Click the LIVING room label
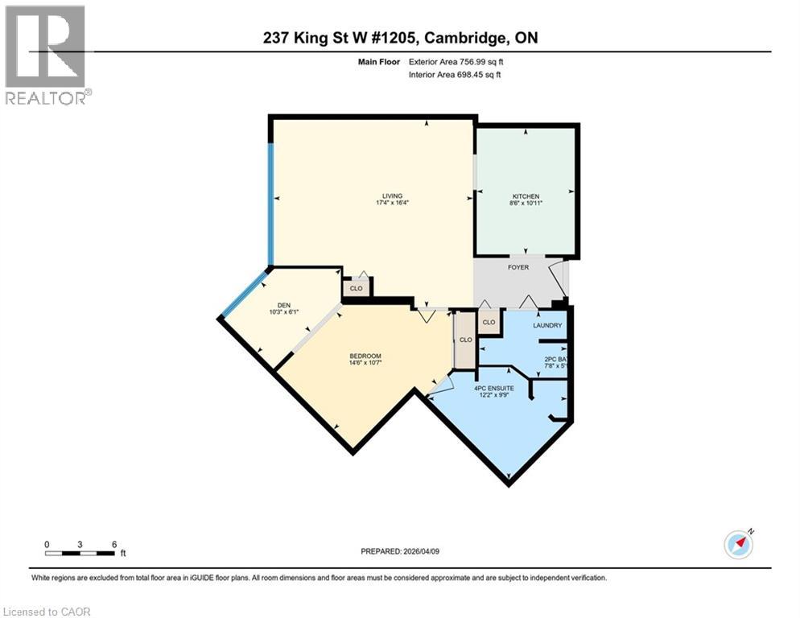point(392,196)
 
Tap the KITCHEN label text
point(526,196)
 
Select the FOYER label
point(518,267)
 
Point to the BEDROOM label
point(365,356)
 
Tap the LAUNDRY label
point(547,325)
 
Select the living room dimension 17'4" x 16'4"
point(392,204)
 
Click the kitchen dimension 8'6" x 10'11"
point(526,204)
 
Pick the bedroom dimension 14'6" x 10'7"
point(365,363)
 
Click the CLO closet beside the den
point(356,288)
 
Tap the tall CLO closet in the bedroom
point(465,340)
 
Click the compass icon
point(738,544)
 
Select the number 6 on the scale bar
point(115,544)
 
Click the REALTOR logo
point(45,55)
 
